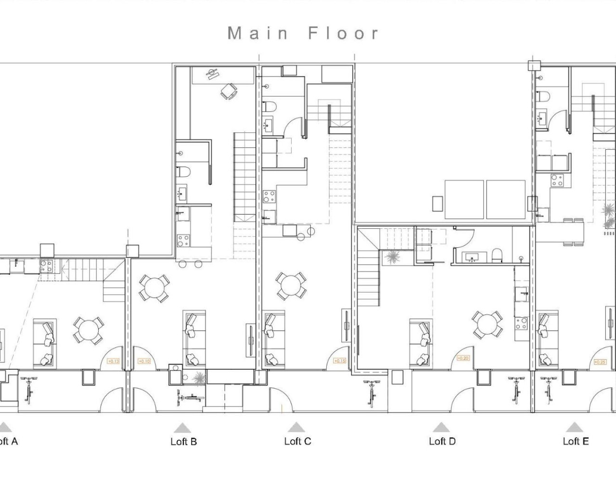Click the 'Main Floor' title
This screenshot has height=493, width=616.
click(x=303, y=33)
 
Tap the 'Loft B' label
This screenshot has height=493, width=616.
click(x=183, y=441)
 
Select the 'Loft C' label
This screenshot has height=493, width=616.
click(x=297, y=441)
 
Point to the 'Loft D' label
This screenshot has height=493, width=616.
click(x=442, y=441)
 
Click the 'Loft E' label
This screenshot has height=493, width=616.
click(x=576, y=441)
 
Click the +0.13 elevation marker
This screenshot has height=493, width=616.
click(x=113, y=361)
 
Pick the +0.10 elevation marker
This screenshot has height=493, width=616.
click(x=144, y=361)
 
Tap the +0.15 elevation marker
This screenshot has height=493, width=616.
click(x=339, y=361)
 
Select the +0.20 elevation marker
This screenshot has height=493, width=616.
click(x=463, y=358)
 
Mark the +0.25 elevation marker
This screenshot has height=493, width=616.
click(x=600, y=362)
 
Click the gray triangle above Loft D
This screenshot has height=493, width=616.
click(x=441, y=427)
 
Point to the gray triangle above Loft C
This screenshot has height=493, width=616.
click(x=296, y=427)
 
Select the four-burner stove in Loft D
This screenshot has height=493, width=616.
click(x=521, y=323)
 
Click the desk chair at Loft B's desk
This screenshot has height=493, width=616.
click(x=229, y=91)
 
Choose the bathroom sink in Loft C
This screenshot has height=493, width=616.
click(x=268, y=126)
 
